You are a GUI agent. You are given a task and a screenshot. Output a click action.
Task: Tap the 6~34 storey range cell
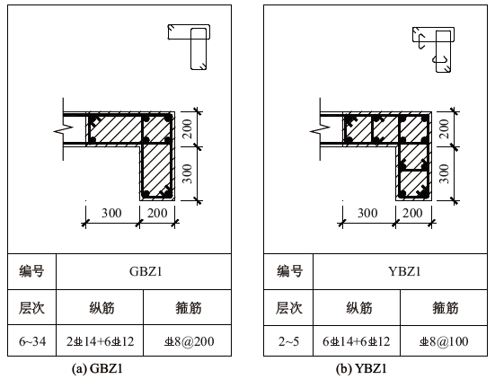[x=32, y=341]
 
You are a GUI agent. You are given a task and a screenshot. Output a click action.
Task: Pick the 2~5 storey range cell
[x=288, y=341]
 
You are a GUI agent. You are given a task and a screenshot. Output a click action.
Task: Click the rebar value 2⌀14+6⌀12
[x=100, y=341]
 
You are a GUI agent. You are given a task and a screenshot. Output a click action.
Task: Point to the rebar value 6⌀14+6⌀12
[x=357, y=341]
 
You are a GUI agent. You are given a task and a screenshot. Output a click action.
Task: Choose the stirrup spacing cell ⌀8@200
[x=189, y=341]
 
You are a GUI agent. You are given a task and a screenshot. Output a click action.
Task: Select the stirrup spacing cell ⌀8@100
[x=444, y=341]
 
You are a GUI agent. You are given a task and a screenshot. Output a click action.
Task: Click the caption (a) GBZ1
[x=97, y=368]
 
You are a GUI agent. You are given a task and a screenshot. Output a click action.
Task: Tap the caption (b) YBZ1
[x=361, y=368]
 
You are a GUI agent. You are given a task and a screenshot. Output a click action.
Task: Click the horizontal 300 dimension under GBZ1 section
[x=111, y=213]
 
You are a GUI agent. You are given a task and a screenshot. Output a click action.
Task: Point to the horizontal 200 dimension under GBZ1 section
[x=157, y=213]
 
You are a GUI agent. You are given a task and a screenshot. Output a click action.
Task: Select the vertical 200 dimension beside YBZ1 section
[x=444, y=128]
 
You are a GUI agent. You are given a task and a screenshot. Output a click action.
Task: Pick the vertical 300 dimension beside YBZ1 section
[x=444, y=173]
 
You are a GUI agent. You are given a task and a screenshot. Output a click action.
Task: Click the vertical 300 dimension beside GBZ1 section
[x=188, y=173]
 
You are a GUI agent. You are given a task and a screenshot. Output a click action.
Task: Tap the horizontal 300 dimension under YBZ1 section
[x=367, y=213]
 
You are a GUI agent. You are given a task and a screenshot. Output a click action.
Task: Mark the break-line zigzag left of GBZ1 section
[x=64, y=129]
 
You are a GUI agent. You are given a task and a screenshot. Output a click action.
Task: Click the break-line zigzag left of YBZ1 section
[x=320, y=129]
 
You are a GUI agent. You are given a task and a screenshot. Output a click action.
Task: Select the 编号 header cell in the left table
[x=31, y=271]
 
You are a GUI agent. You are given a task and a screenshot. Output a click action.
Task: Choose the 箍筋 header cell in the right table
[x=445, y=307]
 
